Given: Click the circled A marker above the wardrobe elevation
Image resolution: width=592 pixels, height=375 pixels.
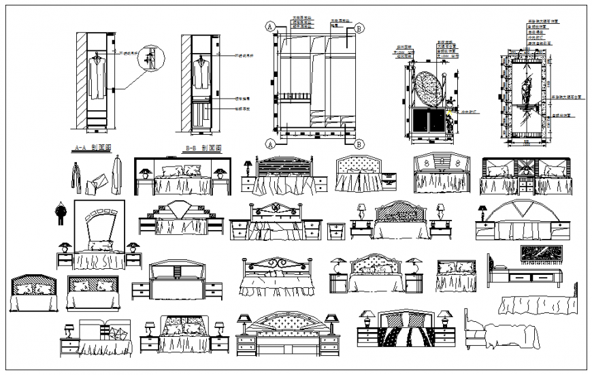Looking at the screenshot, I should pyautogui.click(x=270, y=27).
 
